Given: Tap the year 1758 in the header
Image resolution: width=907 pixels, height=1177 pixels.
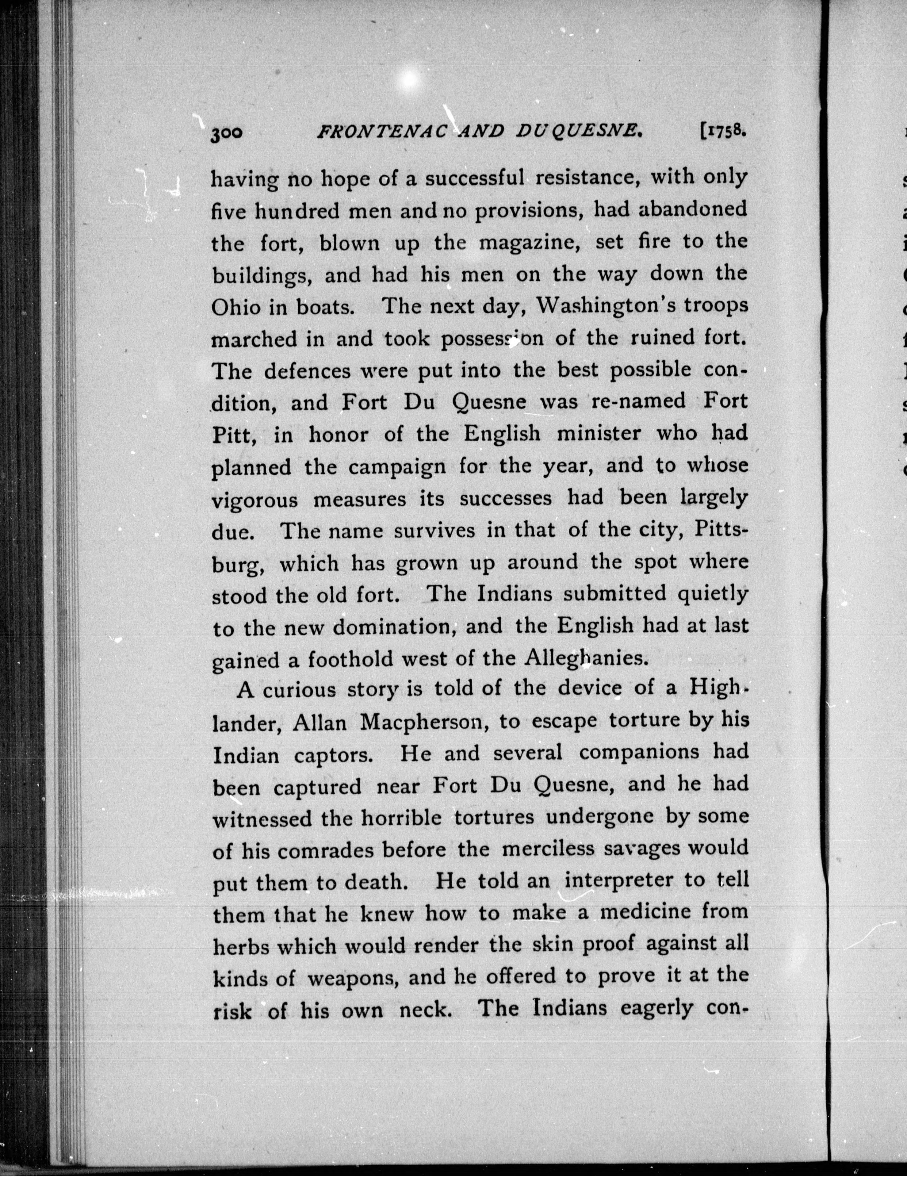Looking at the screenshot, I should [723, 130].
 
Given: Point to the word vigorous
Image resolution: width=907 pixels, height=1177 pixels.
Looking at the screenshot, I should [255, 499].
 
